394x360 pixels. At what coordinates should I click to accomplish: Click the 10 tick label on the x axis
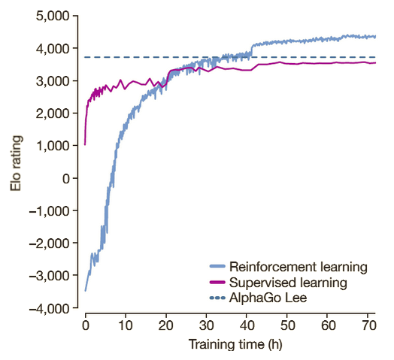coord(125,326)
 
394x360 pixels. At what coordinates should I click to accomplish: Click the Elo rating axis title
coord(16,162)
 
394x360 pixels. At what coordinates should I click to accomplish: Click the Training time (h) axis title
coord(229,345)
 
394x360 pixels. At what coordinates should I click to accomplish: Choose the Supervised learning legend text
coord(288,283)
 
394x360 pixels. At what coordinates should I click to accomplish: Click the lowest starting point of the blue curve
coord(85,290)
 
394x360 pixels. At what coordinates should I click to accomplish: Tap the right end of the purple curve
coord(375,63)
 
